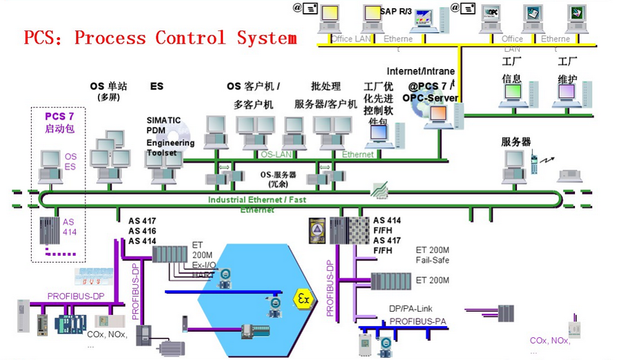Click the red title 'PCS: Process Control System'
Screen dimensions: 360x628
click(160, 37)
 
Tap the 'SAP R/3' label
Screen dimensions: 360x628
click(396, 11)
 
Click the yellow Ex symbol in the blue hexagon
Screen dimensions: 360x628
click(303, 298)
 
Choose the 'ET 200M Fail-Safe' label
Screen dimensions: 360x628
click(432, 254)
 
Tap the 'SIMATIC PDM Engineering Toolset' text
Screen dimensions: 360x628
click(170, 136)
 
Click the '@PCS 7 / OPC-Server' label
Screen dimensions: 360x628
click(432, 92)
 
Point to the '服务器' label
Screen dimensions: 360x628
click(516, 141)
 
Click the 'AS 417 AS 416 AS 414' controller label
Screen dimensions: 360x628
click(142, 231)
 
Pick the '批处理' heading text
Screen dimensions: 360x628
click(326, 87)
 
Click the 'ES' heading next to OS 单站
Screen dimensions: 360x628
click(156, 87)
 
